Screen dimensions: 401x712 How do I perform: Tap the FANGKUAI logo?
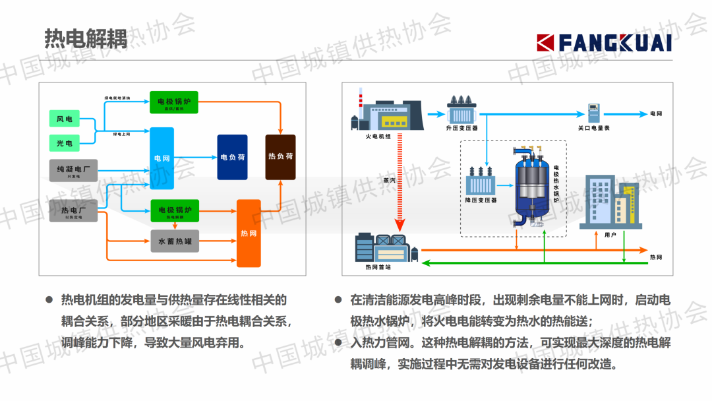[604, 43]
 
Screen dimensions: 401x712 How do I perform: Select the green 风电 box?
[65, 119]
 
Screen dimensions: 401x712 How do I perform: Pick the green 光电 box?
[65, 142]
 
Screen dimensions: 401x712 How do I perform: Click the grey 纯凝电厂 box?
[73, 170]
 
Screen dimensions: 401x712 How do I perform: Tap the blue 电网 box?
[162, 158]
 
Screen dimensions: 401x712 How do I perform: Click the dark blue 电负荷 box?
[232, 158]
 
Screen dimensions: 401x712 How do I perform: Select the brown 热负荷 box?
[280, 157]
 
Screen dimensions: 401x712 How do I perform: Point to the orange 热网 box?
[249, 233]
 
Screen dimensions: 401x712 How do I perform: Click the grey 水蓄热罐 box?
[175, 241]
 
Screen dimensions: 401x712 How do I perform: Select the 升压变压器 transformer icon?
[461, 107]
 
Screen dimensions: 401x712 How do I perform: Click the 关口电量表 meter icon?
[593, 112]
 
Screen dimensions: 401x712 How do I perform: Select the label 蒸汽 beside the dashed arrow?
[389, 179]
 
